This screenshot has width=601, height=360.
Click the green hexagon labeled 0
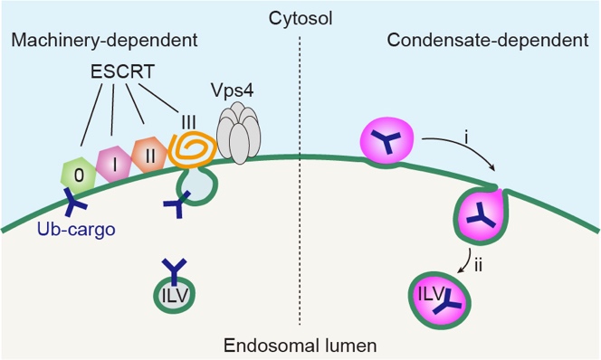coord(79,175)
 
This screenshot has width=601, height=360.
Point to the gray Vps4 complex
coord(239,132)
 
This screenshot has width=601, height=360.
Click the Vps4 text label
coord(232,90)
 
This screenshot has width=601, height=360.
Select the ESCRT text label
coord(123,71)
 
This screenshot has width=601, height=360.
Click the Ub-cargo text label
coord(76,229)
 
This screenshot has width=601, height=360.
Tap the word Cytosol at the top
coord(300,18)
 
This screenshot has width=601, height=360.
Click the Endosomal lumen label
coord(300,346)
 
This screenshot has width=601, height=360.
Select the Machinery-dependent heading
coord(104,40)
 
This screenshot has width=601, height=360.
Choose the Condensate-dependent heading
coord(488,40)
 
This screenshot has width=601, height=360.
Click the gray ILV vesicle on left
coord(175,295)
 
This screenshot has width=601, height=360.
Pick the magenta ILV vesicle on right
coord(439,300)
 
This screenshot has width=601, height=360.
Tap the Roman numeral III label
coord(188,123)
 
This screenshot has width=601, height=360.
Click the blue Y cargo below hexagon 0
coord(75,201)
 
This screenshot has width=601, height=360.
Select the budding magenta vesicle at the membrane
coord(482,214)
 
